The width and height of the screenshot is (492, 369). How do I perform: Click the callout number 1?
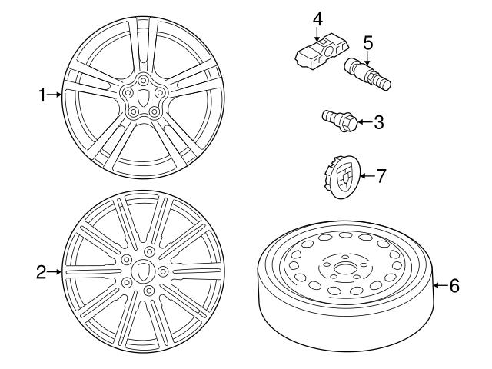[x=43, y=95]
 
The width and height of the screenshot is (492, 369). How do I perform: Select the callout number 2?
[x=42, y=271]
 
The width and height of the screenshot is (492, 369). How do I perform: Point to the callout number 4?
[x=316, y=16]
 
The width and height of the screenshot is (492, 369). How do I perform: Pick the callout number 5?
[x=368, y=42]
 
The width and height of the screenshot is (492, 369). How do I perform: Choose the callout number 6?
[x=454, y=286]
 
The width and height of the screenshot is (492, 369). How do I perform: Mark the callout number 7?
[x=381, y=175]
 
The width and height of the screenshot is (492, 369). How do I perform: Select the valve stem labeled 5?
[x=367, y=75]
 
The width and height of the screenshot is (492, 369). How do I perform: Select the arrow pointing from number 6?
[x=439, y=286]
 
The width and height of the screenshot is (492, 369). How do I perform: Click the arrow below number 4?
[x=316, y=32]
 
